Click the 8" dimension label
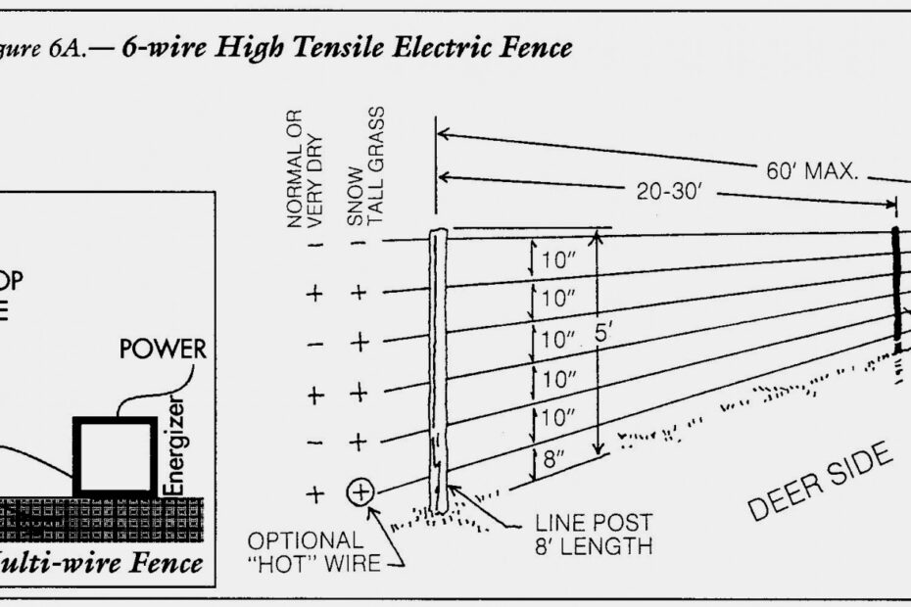pyautogui.click(x=553, y=461)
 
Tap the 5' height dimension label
pyautogui.click(x=604, y=334)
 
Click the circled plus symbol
pyautogui.click(x=361, y=491)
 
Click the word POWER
pyautogui.click(x=163, y=349)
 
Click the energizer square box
pyautogui.click(x=116, y=457)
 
